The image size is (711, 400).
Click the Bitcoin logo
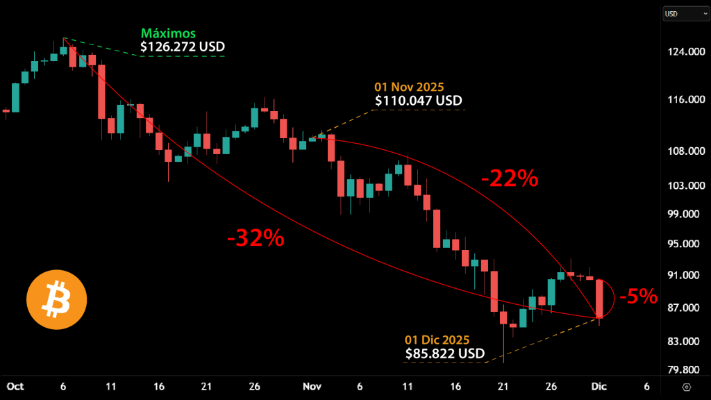tap(56, 299)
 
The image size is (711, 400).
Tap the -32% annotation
tap(256, 239)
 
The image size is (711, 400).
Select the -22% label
tap(510, 179)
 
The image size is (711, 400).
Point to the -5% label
tap(638, 297)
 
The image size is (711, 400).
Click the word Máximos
tap(168, 33)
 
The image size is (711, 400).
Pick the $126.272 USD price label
tap(183, 47)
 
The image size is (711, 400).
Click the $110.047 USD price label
tap(419, 101)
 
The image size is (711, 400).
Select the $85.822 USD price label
tap(445, 353)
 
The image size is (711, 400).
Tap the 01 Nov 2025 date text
tap(410, 87)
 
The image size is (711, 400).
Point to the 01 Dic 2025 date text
tap(437, 340)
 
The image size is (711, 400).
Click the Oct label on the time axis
tap(15, 386)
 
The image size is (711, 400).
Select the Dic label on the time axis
tap(599, 386)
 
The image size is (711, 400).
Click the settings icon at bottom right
tap(687, 387)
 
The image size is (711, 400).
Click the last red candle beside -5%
tap(599, 299)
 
